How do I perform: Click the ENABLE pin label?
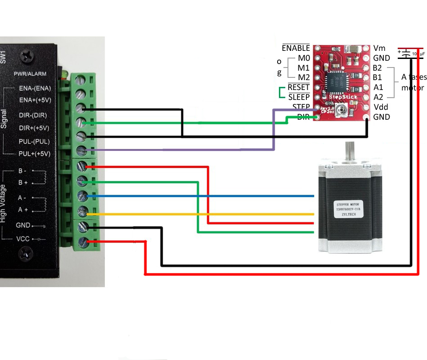click(x=296, y=48)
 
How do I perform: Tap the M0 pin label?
click(x=303, y=58)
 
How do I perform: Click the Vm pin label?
click(x=379, y=48)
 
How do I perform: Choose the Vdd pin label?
click(x=381, y=107)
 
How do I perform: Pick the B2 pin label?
click(x=378, y=68)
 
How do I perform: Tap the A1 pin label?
click(x=378, y=87)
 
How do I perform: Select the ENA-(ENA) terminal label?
click(x=35, y=89)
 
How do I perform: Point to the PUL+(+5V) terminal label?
click(x=34, y=153)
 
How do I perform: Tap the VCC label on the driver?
click(x=23, y=238)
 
